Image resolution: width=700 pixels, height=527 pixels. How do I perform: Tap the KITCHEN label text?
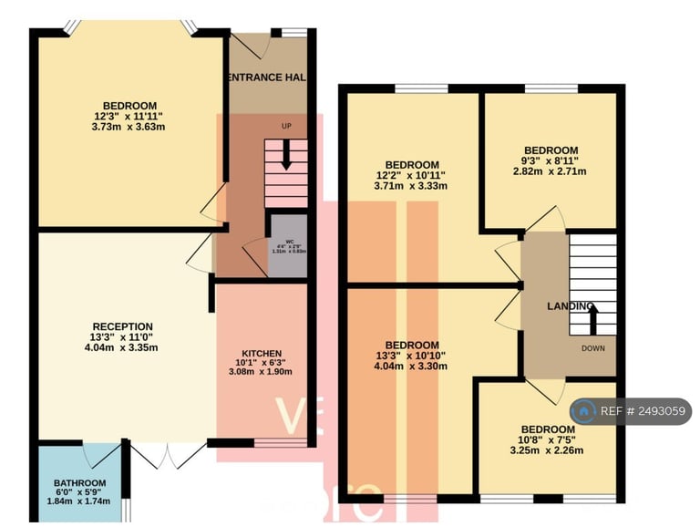[262, 354]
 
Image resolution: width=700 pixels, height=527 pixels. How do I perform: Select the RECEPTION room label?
[122, 326]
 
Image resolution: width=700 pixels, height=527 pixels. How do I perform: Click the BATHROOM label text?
[79, 482]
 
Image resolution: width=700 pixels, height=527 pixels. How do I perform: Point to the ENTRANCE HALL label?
[265, 77]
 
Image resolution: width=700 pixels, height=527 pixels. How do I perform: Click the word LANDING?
[571, 306]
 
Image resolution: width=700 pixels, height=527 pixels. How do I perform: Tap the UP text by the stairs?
[287, 126]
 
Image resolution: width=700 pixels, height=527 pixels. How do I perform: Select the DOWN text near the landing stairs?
[592, 347]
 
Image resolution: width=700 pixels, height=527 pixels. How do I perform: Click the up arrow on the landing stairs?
[592, 319]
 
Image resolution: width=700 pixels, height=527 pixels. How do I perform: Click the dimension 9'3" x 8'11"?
[550, 160]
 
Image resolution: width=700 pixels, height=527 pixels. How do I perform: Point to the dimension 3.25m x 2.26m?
[548, 449]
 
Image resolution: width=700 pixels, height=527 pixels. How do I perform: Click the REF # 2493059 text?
[642, 412]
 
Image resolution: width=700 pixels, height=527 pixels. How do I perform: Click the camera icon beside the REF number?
[584, 412]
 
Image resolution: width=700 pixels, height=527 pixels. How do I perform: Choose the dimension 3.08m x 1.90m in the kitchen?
[262, 372]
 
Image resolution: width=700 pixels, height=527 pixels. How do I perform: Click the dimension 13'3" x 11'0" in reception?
[122, 337]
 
